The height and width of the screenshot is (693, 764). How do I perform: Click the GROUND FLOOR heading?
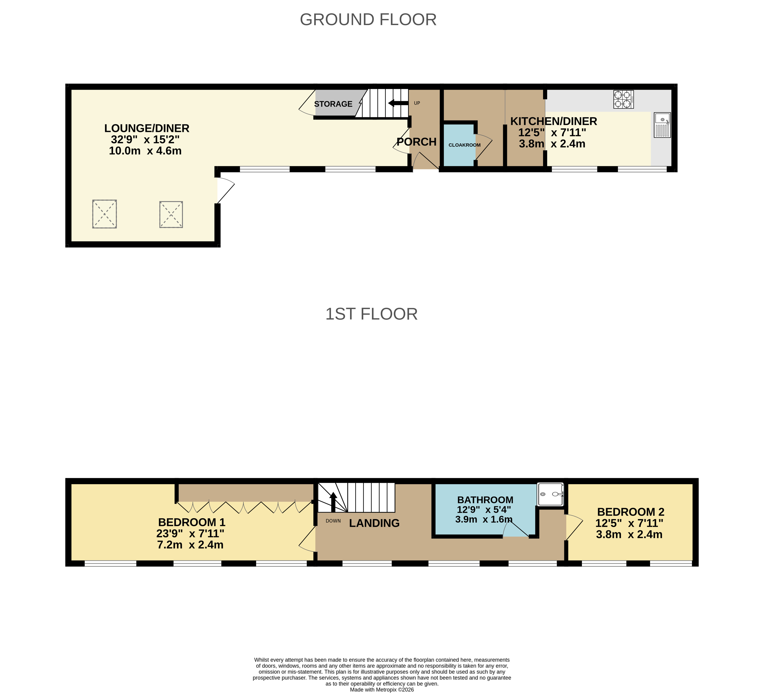pyautogui.click(x=368, y=20)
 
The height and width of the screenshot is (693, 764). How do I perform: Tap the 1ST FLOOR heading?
pyautogui.click(x=371, y=314)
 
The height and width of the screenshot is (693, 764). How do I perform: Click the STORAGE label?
pyautogui.click(x=333, y=104)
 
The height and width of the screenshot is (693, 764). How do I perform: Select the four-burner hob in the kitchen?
pyautogui.click(x=623, y=99)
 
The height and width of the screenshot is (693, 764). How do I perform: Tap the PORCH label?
pyautogui.click(x=417, y=142)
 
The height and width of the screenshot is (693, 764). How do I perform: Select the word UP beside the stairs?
pyautogui.click(x=417, y=103)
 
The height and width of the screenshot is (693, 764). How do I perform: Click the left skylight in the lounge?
pyautogui.click(x=105, y=214)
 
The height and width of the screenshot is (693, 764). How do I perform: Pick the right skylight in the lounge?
pyautogui.click(x=171, y=214)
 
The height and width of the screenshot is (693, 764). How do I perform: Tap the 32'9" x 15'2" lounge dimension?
pyautogui.click(x=145, y=140)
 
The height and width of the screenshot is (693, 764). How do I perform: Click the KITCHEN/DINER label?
pyautogui.click(x=554, y=121)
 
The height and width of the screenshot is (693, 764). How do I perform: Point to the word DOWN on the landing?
pyautogui.click(x=333, y=521)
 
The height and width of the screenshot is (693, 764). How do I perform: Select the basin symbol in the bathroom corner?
pyautogui.click(x=551, y=494)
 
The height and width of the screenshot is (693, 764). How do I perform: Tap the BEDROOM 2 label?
pyautogui.click(x=631, y=512)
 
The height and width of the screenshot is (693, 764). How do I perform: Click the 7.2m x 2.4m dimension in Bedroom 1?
pyautogui.click(x=190, y=545)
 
